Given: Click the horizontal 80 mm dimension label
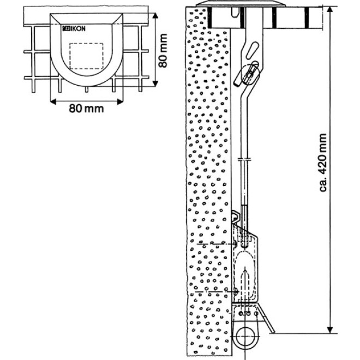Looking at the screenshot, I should coord(86,107).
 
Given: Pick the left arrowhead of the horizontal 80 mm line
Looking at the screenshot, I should coord(53,100).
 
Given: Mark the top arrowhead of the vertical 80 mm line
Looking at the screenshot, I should coord(156,14).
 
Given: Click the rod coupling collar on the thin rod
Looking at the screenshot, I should coord(245,160).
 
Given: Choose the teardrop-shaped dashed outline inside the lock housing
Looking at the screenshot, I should coord(247,278).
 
